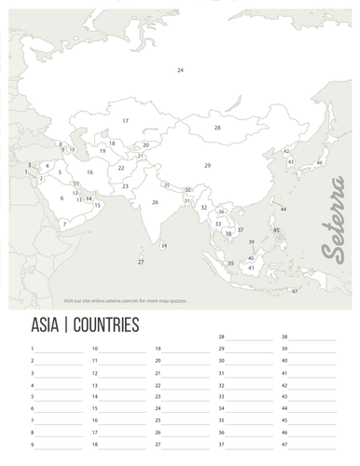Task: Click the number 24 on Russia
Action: (180, 70)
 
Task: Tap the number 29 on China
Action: (208, 165)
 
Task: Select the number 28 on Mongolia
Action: (217, 127)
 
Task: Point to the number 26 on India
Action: (155, 202)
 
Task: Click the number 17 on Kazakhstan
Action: (125, 121)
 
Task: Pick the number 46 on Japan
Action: (319, 163)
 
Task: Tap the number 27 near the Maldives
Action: (141, 262)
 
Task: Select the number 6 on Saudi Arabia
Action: (62, 198)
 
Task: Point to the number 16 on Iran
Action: (90, 172)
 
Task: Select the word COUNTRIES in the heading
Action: (104, 325)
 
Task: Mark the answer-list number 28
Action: (221, 336)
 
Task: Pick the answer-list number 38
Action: (284, 336)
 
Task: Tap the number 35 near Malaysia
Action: (230, 264)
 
